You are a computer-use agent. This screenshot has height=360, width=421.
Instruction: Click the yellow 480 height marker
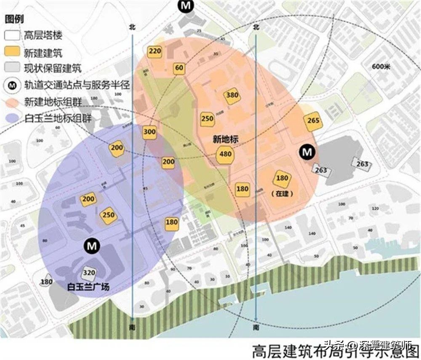(226, 154)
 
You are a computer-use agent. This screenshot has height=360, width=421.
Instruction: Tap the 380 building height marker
(232, 95)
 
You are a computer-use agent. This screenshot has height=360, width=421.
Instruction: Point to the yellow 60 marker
(179, 68)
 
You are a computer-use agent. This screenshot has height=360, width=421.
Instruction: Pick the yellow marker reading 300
(149, 132)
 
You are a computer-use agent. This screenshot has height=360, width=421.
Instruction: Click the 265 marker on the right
(313, 121)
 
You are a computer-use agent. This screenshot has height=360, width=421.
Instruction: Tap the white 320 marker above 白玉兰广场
(89, 273)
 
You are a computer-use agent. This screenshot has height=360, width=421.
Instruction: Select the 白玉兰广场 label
(88, 287)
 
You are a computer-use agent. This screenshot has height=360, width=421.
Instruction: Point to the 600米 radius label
(382, 66)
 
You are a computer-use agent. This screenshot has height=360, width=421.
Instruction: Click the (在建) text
(282, 193)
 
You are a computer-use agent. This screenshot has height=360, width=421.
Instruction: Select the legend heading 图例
(14, 19)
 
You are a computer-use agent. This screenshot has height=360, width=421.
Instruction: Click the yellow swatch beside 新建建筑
(12, 53)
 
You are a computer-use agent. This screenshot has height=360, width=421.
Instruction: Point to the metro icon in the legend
(12, 85)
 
